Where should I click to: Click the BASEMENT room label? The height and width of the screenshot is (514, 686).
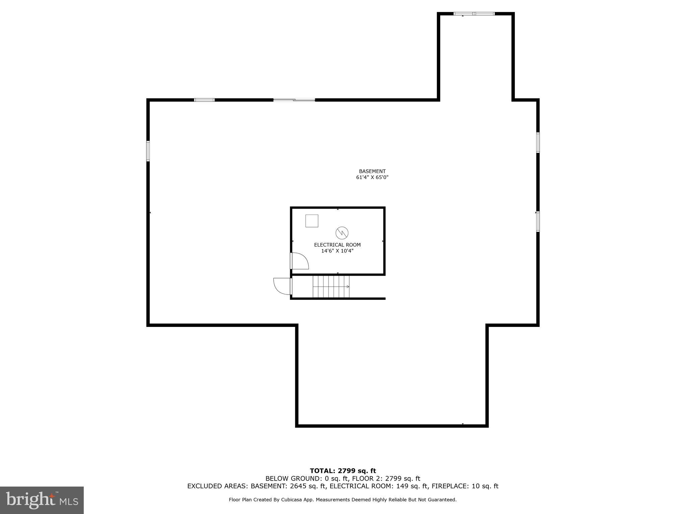coord(372,171)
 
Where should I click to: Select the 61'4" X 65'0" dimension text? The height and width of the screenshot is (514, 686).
coord(372,177)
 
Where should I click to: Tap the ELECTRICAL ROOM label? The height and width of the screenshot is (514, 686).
coord(337,245)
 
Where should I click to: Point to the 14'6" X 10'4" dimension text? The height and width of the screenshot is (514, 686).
coord(337,251)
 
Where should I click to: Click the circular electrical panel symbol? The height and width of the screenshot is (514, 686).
coord(342,233)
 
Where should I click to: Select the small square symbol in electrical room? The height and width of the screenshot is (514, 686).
coord(312,221)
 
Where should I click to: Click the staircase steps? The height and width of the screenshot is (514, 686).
coord(331,286)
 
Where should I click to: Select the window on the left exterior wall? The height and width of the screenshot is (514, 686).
coord(148,151)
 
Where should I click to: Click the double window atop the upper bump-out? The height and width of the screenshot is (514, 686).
coord(474,14)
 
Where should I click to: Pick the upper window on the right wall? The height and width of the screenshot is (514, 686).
coord(538,143)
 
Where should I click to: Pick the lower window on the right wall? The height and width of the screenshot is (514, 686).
coord(538,222)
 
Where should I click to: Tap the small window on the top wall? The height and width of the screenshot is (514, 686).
coord(204,100)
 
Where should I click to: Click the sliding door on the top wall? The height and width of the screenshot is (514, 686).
coord(294,100)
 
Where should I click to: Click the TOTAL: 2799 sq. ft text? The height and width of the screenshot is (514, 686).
coord(343,471)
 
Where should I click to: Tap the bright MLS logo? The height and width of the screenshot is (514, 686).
coord(42,500)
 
